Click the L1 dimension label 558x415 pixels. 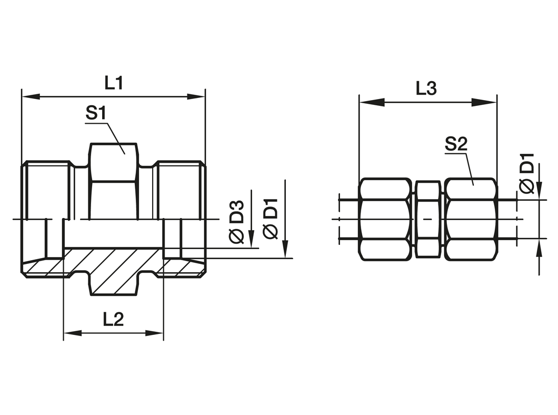click(x=114, y=83)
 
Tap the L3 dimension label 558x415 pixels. click(x=426, y=88)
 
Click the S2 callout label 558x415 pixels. click(x=456, y=144)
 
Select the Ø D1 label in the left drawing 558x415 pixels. click(x=271, y=222)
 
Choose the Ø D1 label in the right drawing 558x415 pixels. click(x=527, y=173)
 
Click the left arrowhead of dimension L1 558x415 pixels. click(x=31, y=96)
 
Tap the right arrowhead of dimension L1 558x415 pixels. click(x=196, y=96)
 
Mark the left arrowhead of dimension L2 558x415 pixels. click(x=73, y=333)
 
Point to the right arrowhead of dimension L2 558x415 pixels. click(x=154, y=333)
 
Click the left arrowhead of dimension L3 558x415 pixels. click(x=372, y=103)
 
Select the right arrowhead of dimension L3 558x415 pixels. click(x=484, y=103)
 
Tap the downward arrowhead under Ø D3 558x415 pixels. click(x=251, y=239)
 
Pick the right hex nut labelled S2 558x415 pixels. click(x=471, y=219)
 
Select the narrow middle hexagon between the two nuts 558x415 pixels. click(x=428, y=219)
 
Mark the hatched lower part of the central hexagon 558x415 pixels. click(x=113, y=272)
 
